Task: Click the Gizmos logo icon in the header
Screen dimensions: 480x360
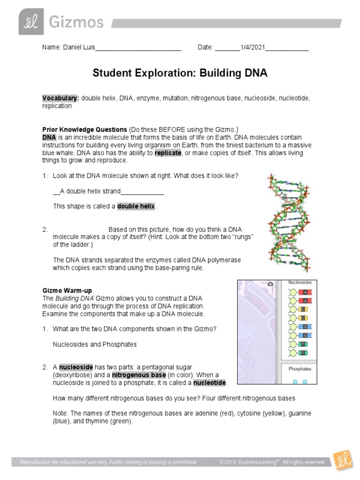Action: click(x=31, y=22)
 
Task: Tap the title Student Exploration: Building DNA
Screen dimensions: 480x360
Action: click(x=180, y=73)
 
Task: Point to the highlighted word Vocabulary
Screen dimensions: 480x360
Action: click(x=60, y=98)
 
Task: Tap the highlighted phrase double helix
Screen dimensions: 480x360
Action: click(x=135, y=206)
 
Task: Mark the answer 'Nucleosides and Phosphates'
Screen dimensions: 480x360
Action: click(x=95, y=344)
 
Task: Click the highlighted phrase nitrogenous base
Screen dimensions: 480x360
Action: click(x=138, y=375)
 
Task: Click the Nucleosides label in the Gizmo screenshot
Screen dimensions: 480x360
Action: click(x=300, y=283)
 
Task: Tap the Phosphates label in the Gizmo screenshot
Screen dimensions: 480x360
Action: click(x=300, y=369)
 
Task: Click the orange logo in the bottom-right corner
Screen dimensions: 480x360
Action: click(x=343, y=462)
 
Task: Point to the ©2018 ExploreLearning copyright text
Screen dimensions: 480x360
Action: click(x=272, y=462)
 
